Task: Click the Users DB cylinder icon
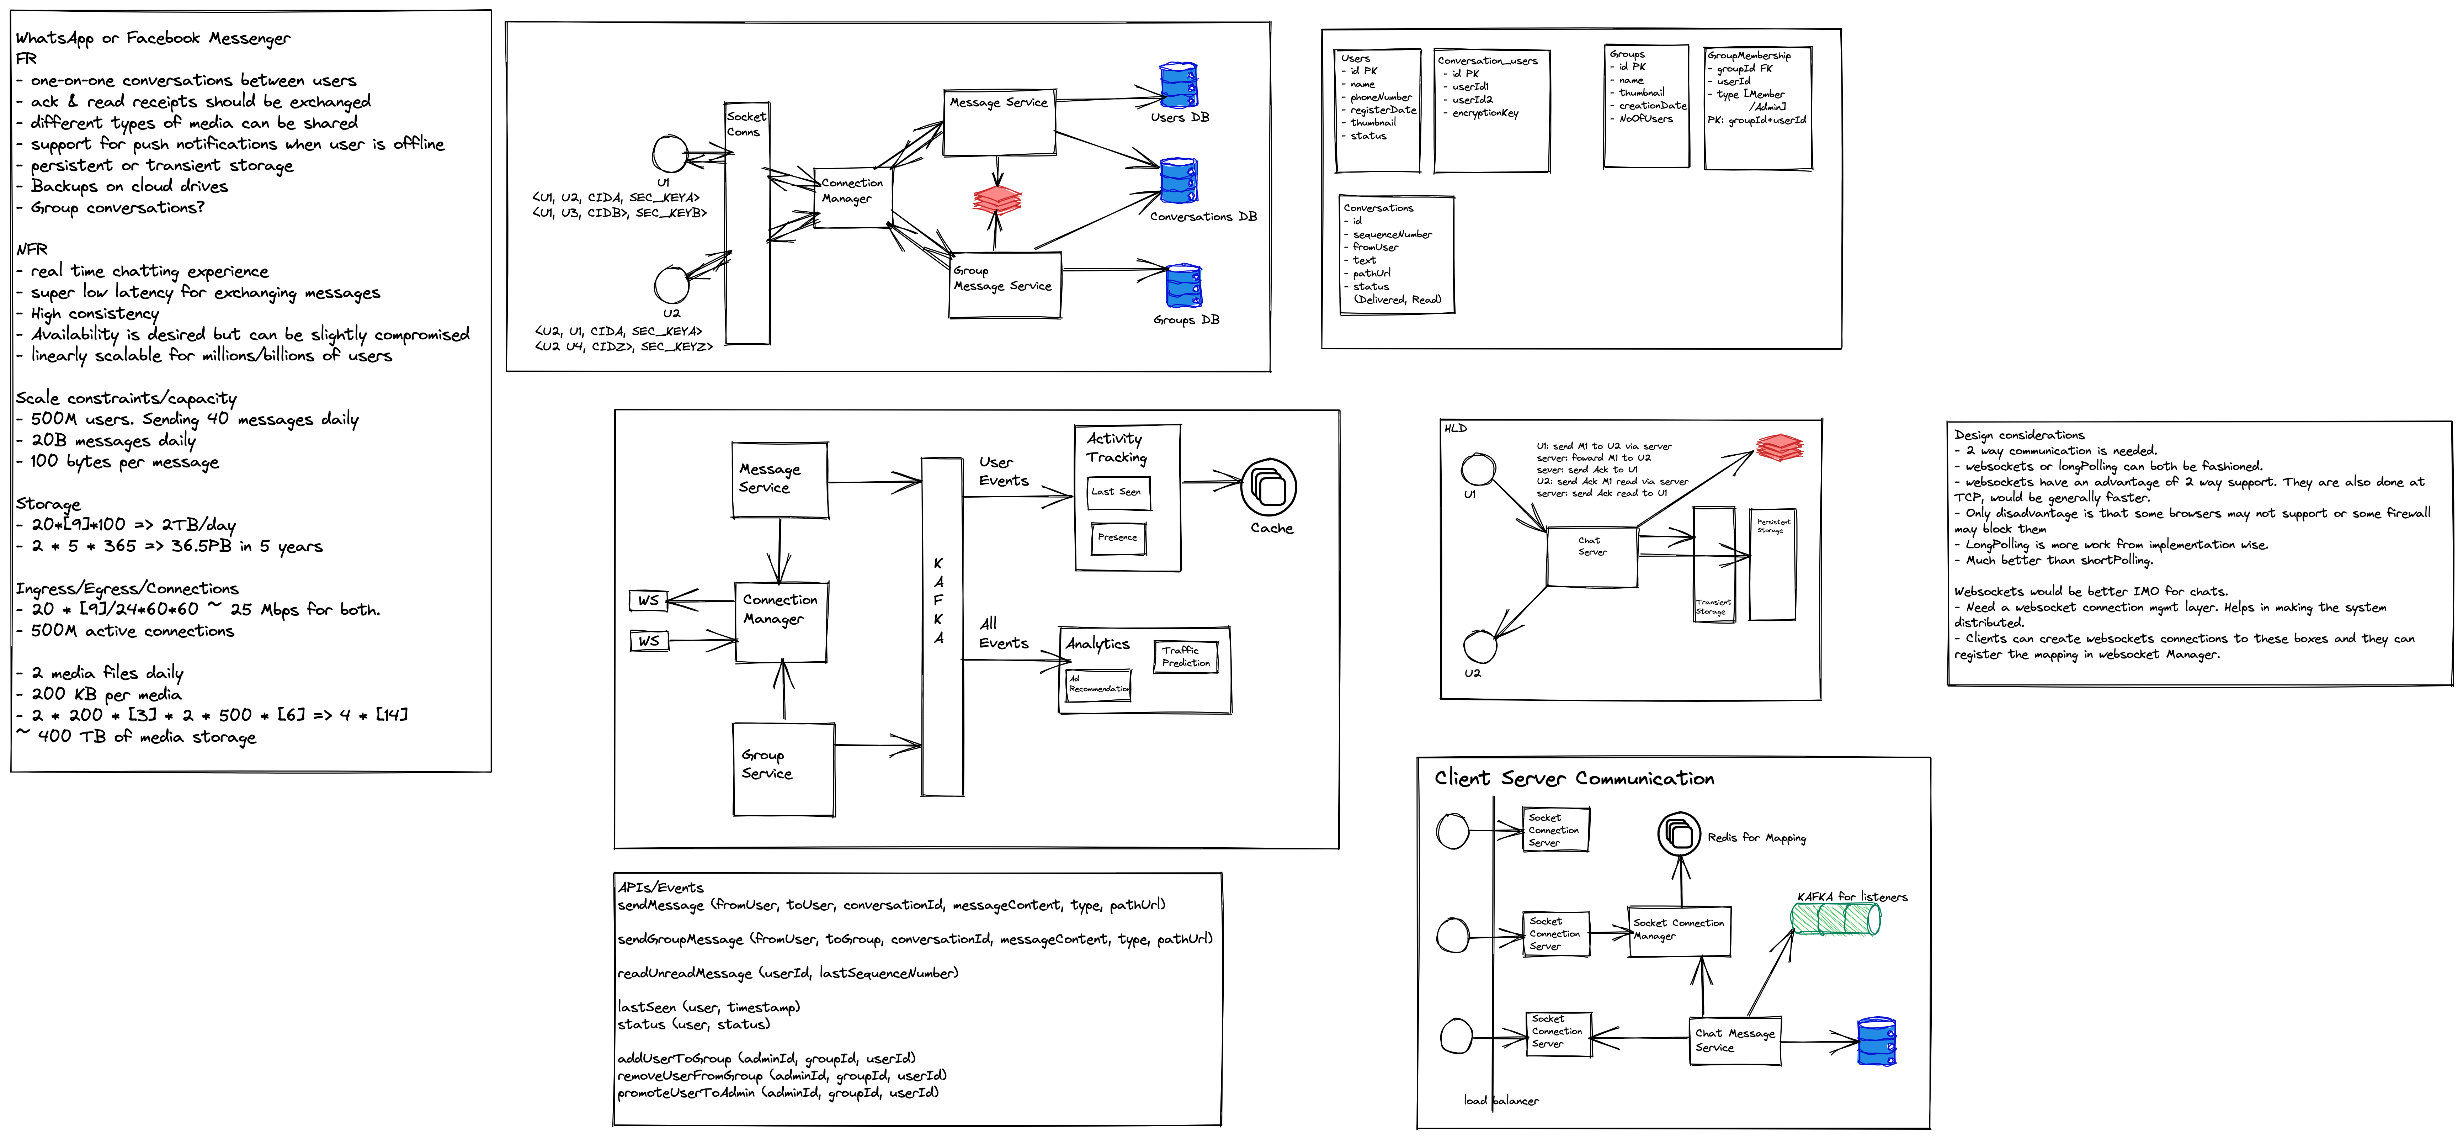1178,85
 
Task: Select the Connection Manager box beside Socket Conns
853,198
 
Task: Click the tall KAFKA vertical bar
942,626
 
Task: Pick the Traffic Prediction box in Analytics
1186,657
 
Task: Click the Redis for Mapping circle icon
1679,834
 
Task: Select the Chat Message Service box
1735,1040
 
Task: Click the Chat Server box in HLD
1592,556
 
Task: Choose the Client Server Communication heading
1574,778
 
